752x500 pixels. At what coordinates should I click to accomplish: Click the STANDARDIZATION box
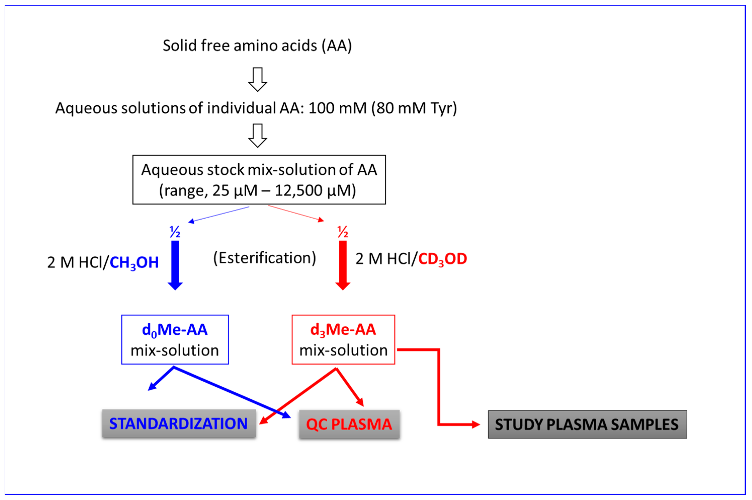(179, 424)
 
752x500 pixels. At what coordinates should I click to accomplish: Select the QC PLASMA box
(349, 424)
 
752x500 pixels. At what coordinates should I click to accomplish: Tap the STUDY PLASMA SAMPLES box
(587, 424)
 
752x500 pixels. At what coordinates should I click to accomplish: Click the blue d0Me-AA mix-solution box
(175, 340)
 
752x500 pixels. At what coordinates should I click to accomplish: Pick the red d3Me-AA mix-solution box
(343, 340)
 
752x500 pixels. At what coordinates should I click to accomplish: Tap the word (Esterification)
(264, 258)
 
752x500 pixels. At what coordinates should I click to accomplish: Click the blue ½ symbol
(175, 232)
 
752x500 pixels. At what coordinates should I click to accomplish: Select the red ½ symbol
(342, 232)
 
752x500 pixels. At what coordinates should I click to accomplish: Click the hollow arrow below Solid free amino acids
(257, 79)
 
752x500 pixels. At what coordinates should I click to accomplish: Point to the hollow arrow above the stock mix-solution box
(257, 135)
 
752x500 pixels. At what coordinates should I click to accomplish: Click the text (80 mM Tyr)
(414, 108)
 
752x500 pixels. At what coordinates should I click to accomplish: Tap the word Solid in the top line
(180, 45)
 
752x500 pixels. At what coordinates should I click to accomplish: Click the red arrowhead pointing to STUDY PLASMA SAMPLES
(475, 424)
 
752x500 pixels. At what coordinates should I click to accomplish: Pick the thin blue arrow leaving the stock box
(218, 214)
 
